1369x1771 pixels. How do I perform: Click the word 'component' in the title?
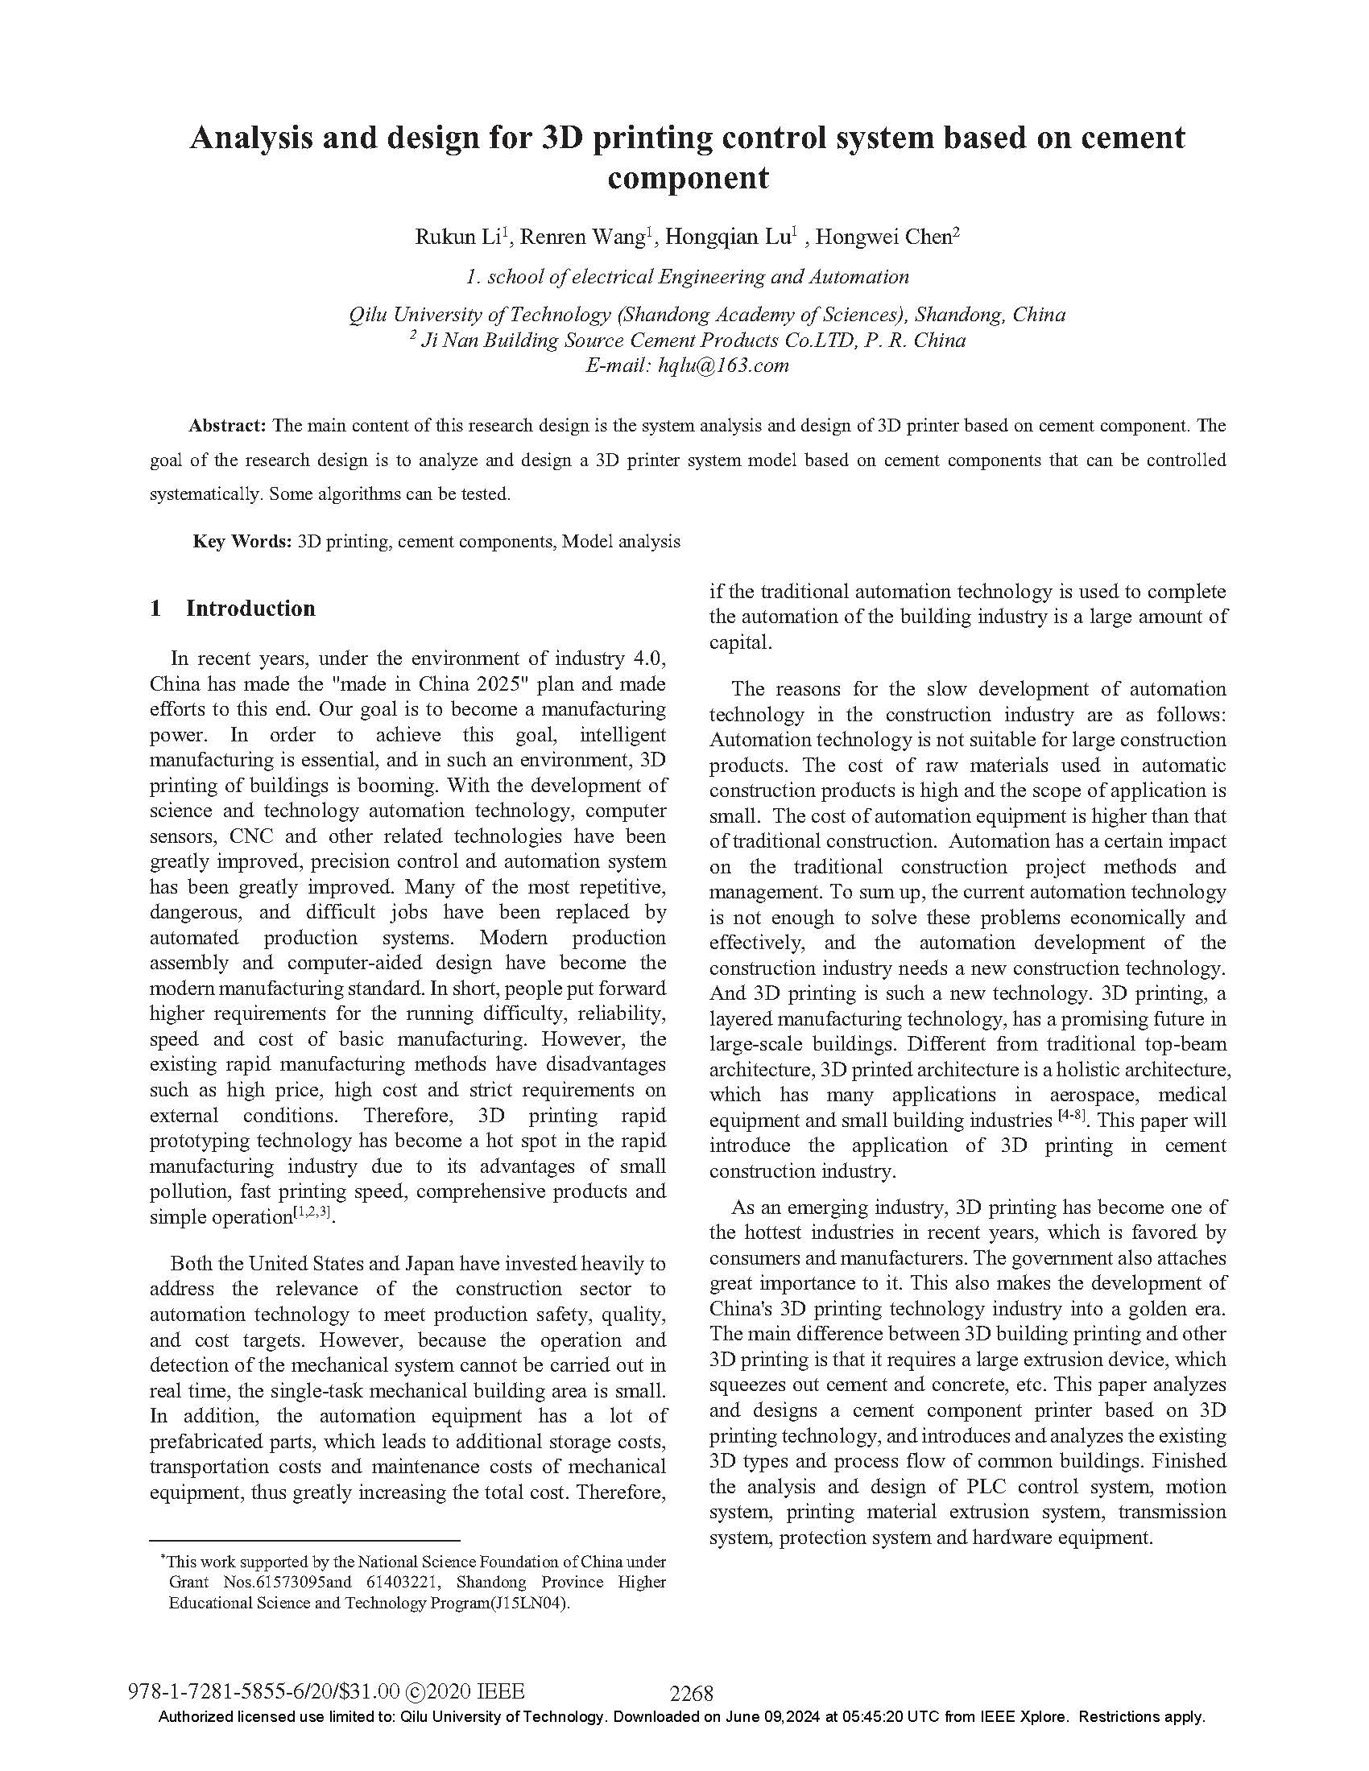point(687,178)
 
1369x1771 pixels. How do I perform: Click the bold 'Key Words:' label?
point(242,542)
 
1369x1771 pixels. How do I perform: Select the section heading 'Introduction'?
point(250,609)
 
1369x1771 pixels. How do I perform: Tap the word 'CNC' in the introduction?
point(250,836)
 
